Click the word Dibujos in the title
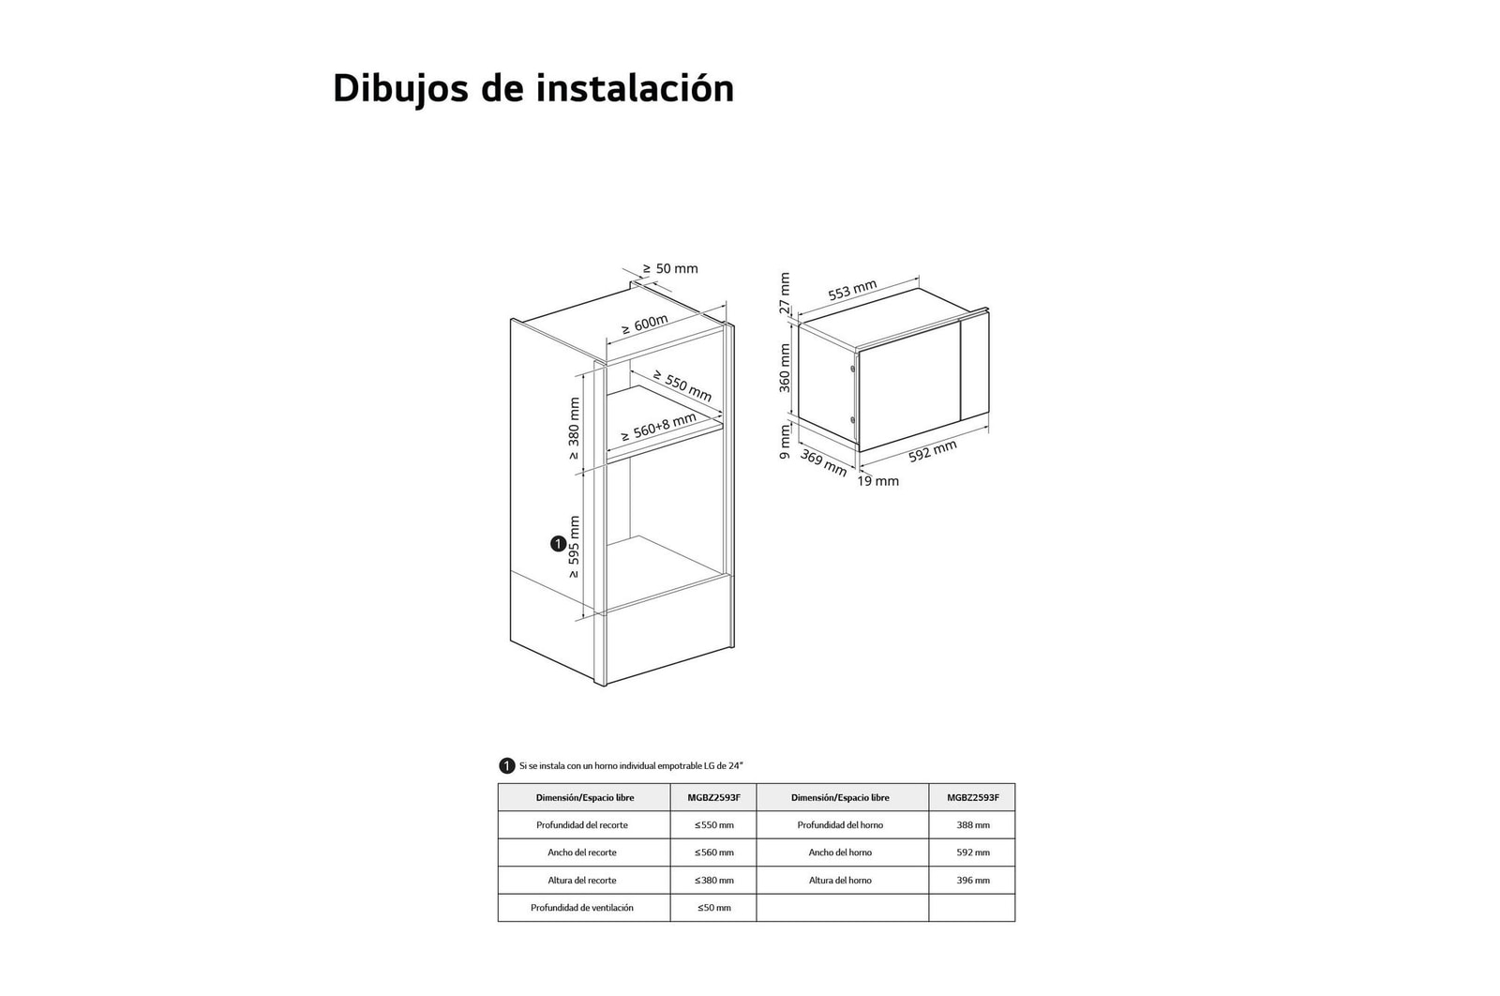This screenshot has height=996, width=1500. pyautogui.click(x=392, y=89)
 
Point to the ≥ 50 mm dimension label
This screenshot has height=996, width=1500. pyautogui.click(x=670, y=269)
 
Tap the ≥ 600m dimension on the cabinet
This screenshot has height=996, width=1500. pyautogui.click(x=644, y=325)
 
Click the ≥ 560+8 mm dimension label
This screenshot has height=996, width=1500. pyautogui.click(x=658, y=428)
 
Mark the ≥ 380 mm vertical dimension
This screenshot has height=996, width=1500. pyautogui.click(x=574, y=429)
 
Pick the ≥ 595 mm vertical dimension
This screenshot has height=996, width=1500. pyautogui.click(x=574, y=547)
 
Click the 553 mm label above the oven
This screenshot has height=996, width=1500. pyautogui.click(x=852, y=292)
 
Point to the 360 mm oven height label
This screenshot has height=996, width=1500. pyautogui.click(x=785, y=368)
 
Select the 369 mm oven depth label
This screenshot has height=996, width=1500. pyautogui.click(x=823, y=462)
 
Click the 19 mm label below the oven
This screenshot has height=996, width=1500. pyautogui.click(x=877, y=481)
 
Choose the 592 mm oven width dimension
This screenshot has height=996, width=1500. pyautogui.click(x=932, y=451)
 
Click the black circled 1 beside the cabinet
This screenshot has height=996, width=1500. pyautogui.click(x=558, y=544)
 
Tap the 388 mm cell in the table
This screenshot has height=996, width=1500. pyautogui.click(x=972, y=825)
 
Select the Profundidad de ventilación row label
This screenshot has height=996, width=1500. pyautogui.click(x=582, y=908)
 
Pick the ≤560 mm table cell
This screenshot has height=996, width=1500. pyautogui.click(x=713, y=853)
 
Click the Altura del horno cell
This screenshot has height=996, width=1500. pyautogui.click(x=841, y=881)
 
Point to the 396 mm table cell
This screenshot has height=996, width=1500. pyautogui.click(x=972, y=881)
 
